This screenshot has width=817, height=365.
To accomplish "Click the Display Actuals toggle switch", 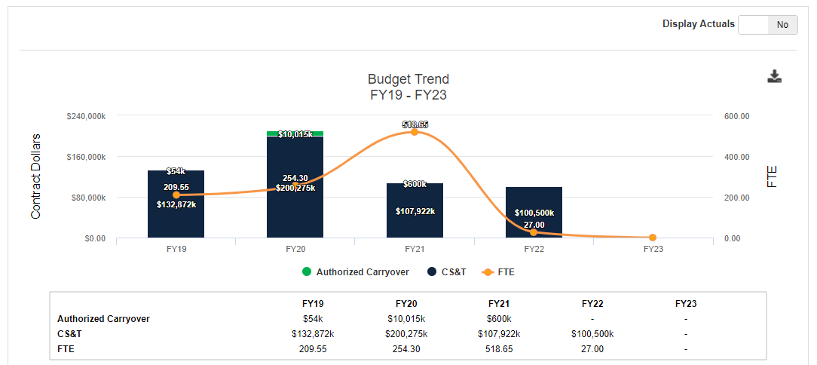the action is (x=767, y=24).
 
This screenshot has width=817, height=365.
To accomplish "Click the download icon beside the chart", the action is (x=774, y=77).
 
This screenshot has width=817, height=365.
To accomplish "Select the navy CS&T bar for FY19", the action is (x=176, y=204).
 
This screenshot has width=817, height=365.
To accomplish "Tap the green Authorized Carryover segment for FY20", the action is (x=295, y=133).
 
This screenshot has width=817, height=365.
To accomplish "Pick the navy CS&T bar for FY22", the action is (x=534, y=212).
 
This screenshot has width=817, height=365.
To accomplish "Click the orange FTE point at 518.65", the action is (x=415, y=132).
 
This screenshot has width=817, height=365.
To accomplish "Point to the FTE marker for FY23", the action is (x=653, y=238).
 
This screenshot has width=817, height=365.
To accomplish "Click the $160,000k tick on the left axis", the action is (x=86, y=157).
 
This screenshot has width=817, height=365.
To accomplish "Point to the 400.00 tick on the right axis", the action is (x=736, y=157).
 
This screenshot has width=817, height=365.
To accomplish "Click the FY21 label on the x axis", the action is (x=415, y=250).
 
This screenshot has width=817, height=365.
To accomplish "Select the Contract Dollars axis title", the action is (x=35, y=176).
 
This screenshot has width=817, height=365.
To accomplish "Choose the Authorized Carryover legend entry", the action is (x=356, y=271).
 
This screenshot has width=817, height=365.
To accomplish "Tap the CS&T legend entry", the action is (x=446, y=271).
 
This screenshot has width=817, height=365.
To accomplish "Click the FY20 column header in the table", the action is (x=406, y=303).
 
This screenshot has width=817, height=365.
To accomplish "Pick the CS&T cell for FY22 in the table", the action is (x=592, y=334).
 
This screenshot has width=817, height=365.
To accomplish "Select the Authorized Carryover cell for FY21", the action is (x=499, y=318).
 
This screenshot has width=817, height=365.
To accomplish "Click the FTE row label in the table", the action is (x=66, y=349).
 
